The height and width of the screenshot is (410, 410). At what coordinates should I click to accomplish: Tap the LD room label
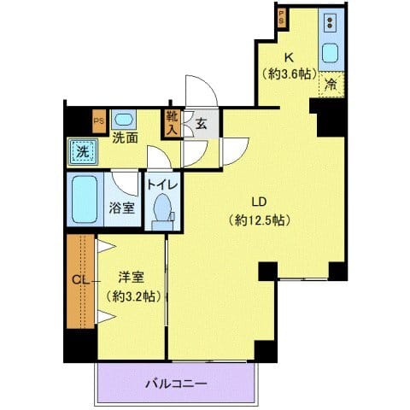point(258,202)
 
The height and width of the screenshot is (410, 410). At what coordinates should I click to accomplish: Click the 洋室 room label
point(130,278)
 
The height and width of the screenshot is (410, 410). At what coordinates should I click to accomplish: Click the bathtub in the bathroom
point(85,198)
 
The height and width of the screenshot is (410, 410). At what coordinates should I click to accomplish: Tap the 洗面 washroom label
point(126,138)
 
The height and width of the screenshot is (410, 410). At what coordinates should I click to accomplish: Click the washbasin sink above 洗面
point(123,120)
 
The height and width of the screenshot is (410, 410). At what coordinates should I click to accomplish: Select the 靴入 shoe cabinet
point(172,125)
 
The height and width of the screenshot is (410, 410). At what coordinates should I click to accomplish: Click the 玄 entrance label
point(202,125)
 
